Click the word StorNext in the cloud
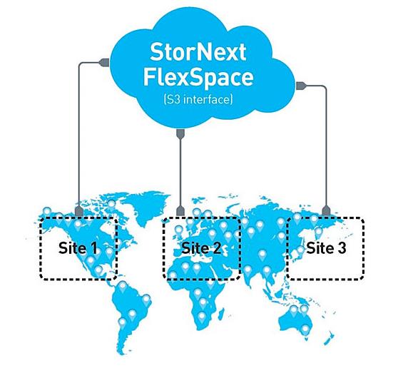198,52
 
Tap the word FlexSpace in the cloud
198,77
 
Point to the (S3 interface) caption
198,99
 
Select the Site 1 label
78,247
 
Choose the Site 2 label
201,247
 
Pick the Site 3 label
326,247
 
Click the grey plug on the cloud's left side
104,63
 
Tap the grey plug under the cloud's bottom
180,134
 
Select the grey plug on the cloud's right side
301,86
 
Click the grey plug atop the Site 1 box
79,211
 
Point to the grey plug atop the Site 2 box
180,211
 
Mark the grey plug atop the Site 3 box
326,210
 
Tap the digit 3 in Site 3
342,248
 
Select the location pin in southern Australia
306,330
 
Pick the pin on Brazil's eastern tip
146,300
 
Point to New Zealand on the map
329,338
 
